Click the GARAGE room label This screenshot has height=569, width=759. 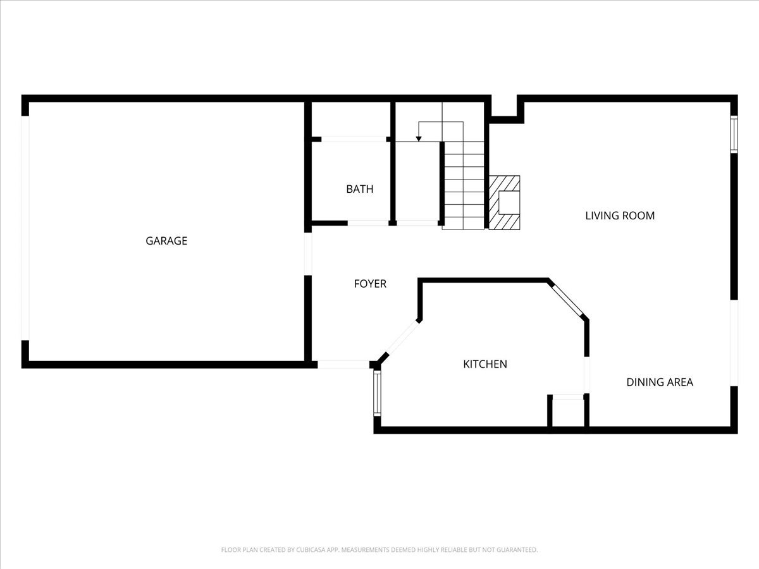(x=166, y=241)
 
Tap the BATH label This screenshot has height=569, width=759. (x=360, y=189)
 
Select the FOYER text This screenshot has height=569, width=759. (x=370, y=284)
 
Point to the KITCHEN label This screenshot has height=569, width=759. (x=485, y=364)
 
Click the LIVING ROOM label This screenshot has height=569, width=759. (x=620, y=216)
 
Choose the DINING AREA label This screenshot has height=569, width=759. (x=660, y=382)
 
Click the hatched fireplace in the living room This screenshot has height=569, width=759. (x=504, y=203)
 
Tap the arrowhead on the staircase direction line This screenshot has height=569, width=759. (x=419, y=139)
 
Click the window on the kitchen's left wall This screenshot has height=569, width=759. (x=377, y=393)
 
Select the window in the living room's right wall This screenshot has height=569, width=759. (x=734, y=135)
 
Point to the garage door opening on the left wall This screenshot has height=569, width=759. (x=25, y=228)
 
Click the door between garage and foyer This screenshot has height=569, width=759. (x=308, y=254)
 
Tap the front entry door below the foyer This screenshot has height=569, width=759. (x=343, y=365)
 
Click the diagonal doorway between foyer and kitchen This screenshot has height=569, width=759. (x=402, y=337)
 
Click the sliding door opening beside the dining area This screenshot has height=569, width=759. (x=734, y=343)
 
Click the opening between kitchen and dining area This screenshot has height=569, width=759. (x=586, y=375)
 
